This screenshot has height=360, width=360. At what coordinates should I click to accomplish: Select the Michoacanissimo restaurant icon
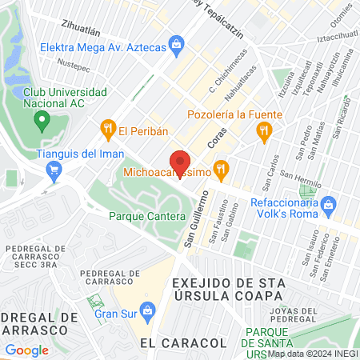[223, 169]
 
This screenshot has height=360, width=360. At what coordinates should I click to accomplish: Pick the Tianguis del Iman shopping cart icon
[54, 169]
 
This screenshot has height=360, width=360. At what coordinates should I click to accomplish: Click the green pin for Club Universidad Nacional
[42, 122]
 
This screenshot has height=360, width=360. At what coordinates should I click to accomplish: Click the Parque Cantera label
[144, 216]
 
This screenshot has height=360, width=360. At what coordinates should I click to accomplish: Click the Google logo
[26, 350]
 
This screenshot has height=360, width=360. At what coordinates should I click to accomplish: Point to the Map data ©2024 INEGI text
[312, 354]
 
